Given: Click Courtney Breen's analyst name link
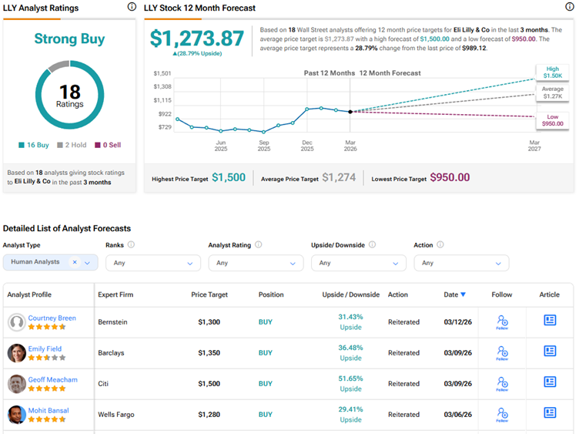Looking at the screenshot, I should pyautogui.click(x=52, y=318).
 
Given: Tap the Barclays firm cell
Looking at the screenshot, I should pyautogui.click(x=111, y=353).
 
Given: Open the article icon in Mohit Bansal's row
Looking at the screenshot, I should pyautogui.click(x=550, y=413).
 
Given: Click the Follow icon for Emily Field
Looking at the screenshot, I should pyautogui.click(x=502, y=352).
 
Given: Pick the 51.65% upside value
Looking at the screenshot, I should pyautogui.click(x=350, y=378).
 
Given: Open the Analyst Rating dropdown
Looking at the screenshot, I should pyautogui.click(x=256, y=263).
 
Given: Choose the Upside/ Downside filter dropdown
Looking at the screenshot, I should pyautogui.click(x=358, y=263).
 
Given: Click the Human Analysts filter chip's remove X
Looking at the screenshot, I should pyautogui.click(x=75, y=262).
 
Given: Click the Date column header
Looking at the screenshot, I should pyautogui.click(x=453, y=294).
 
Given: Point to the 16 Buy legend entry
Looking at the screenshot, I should pyautogui.click(x=34, y=144).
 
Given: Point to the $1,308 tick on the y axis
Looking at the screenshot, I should pyautogui.click(x=162, y=86).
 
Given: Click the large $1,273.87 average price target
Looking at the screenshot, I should pyautogui.click(x=196, y=39).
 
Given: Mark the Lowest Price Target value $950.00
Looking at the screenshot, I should pyautogui.click(x=450, y=177).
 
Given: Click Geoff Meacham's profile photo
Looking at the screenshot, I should pyautogui.click(x=17, y=384).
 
